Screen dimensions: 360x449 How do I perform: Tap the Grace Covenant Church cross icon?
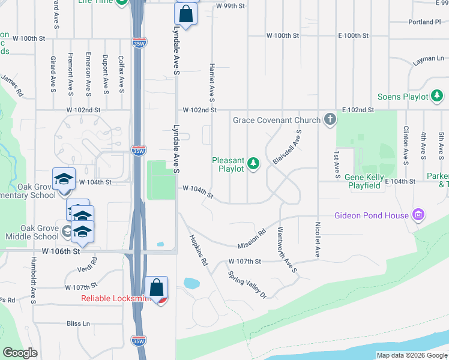point(330,120)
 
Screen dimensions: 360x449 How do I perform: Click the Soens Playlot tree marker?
point(438,96)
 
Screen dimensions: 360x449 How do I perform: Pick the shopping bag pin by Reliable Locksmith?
point(156,288)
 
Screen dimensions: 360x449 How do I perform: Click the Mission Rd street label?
point(252,239)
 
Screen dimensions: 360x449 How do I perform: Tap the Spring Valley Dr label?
point(246,284)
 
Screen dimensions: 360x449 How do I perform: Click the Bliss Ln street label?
point(79,323)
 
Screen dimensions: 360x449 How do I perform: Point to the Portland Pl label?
point(424,22)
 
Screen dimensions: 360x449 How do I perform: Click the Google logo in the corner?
point(20,353)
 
